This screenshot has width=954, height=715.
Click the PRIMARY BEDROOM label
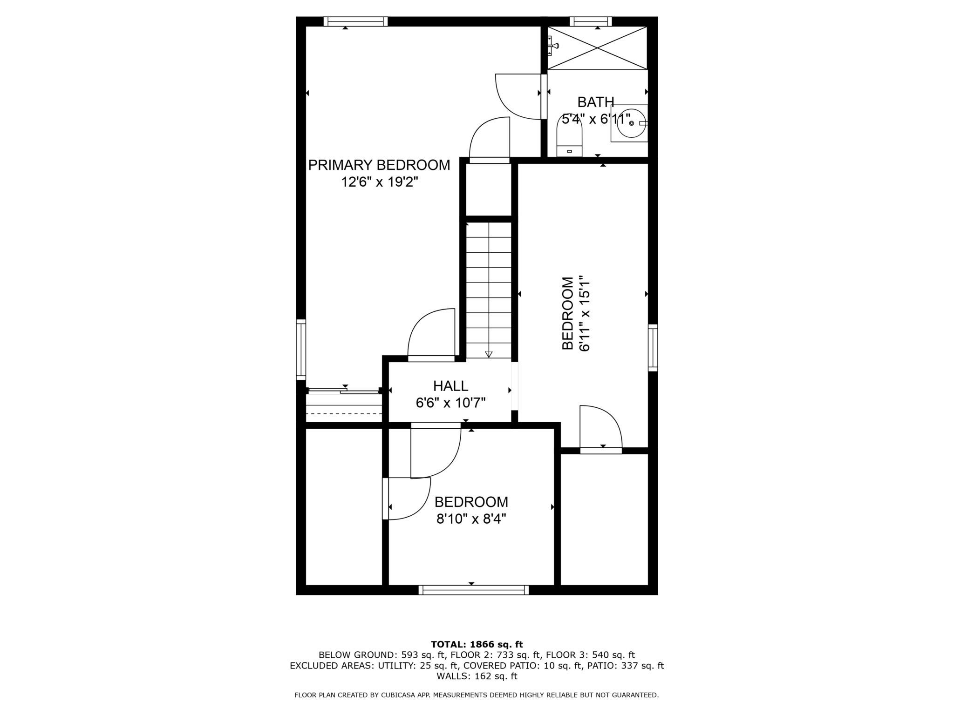379,165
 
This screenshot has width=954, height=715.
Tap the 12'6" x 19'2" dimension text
379,182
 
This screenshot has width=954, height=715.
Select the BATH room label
595,102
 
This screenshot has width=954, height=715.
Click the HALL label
450,386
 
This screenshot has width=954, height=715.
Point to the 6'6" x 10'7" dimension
450,403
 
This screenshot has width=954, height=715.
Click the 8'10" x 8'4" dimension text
471,519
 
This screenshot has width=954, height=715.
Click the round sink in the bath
630,123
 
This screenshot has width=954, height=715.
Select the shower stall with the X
597,48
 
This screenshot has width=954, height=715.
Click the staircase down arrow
488,354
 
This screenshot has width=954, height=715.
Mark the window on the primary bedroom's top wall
355,21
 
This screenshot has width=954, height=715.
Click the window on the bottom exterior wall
473,590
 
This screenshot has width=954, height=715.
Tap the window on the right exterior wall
653,348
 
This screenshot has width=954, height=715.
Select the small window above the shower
591,21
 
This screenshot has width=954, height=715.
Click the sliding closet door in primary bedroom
343,391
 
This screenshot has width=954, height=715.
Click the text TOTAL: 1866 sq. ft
477,645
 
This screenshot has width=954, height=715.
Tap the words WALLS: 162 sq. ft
477,676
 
